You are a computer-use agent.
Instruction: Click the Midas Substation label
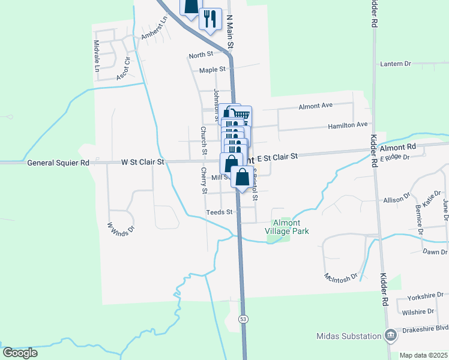click(349, 336)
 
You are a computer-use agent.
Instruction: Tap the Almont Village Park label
click(287, 226)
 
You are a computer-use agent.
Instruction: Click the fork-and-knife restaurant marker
click(209, 18)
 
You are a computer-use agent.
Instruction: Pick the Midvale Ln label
click(96, 56)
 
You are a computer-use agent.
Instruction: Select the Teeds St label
click(219, 212)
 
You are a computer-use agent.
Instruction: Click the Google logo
click(20, 352)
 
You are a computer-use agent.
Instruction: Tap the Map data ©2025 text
click(424, 355)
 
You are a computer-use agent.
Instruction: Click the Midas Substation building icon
click(391, 335)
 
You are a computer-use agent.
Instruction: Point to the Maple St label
click(212, 70)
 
